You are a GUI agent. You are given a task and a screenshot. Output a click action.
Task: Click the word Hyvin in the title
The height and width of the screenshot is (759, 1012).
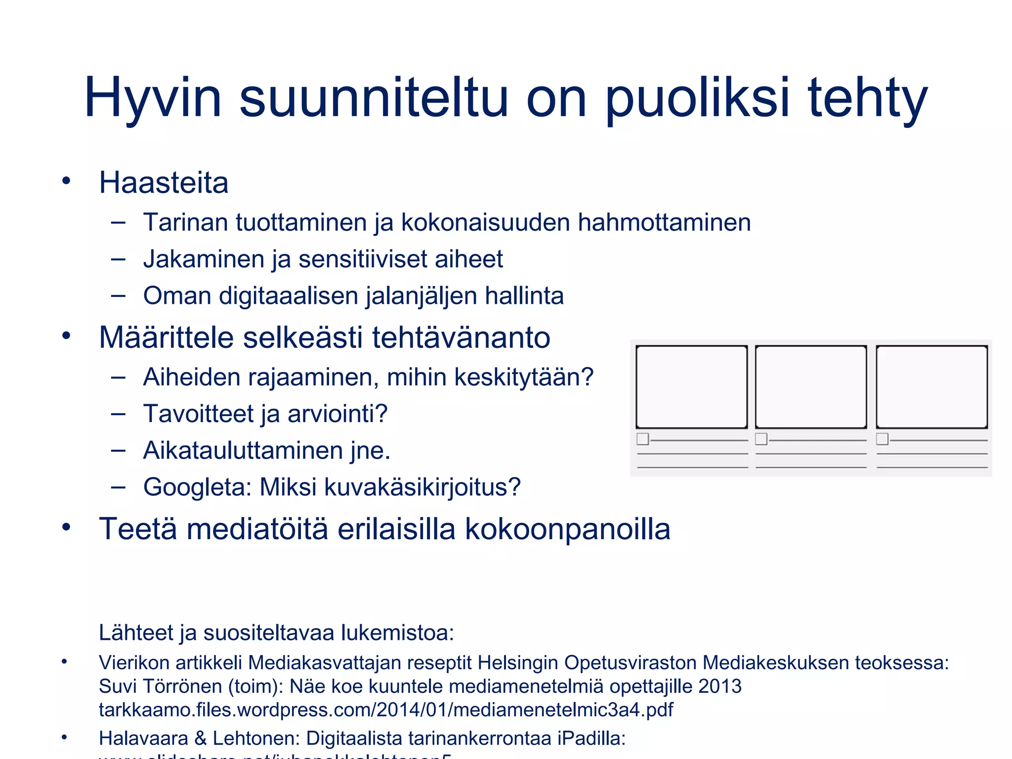coord(153,98)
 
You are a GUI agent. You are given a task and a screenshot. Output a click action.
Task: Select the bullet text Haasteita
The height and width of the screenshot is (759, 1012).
coord(164,182)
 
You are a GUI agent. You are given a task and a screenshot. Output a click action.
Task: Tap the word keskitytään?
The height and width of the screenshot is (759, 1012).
coord(523,377)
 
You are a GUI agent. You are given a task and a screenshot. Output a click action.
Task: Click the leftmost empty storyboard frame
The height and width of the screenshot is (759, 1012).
coord(691,386)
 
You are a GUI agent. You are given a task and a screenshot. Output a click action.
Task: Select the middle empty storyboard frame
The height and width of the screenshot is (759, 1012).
coord(811,386)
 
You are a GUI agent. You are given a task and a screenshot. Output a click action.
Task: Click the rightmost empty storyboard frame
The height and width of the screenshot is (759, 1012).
coord(931,386)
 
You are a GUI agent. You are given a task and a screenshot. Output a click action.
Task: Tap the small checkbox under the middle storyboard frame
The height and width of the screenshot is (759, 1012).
coord(761,439)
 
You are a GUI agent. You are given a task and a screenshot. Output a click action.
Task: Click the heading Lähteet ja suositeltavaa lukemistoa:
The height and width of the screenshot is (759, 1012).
coord(276,632)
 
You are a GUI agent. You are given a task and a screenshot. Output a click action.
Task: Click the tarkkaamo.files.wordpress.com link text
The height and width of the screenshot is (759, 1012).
coord(385,710)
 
